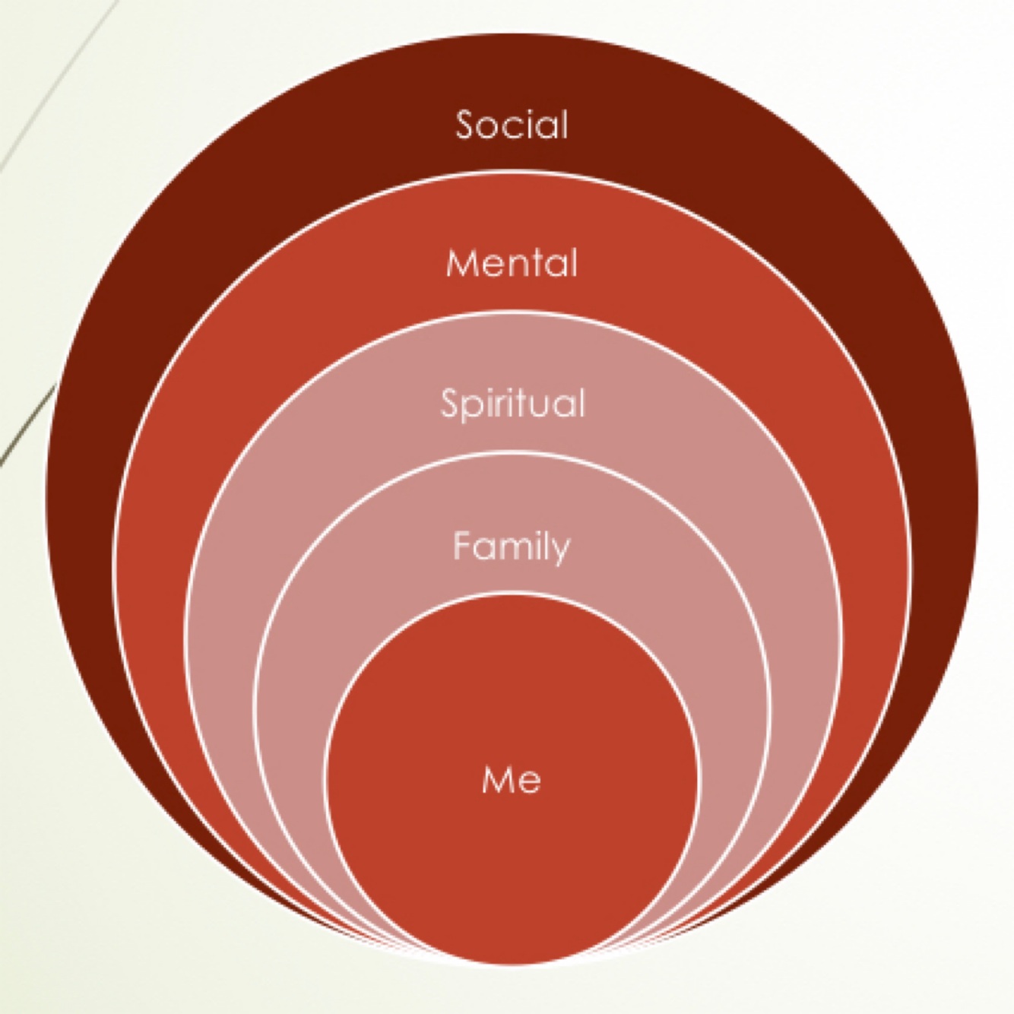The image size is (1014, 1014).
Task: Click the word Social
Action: (512, 125)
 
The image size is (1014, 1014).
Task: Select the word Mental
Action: (512, 263)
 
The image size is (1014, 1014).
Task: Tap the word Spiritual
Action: (512, 403)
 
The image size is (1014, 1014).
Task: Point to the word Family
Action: (511, 547)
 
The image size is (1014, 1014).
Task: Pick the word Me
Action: (512, 780)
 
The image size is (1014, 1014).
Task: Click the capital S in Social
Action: (466, 125)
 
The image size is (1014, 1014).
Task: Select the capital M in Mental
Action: (461, 263)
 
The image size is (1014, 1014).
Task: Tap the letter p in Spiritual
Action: (471, 407)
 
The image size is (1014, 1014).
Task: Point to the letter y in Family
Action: (560, 551)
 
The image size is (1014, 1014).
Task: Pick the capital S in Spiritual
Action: (451, 403)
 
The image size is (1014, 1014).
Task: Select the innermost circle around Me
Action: (512, 859)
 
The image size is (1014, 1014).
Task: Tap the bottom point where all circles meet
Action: (512, 960)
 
